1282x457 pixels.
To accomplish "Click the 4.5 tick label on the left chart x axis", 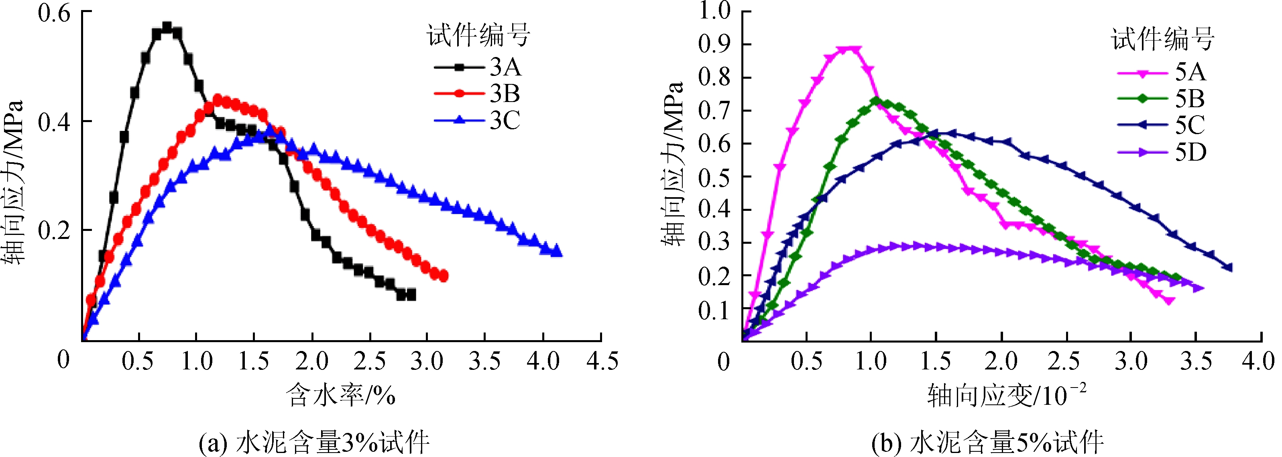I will click(602, 361).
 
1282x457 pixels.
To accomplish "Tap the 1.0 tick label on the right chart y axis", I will click(714, 11).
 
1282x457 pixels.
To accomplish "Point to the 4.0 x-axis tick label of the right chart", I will click(1258, 361).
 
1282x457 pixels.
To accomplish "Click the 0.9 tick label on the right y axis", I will click(714, 44).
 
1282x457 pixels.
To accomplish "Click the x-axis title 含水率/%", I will click(341, 396).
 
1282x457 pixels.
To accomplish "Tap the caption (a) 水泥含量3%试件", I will click(314, 442).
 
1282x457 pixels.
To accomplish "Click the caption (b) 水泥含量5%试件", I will click(987, 442).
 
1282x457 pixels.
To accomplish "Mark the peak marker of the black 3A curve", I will click(167, 27).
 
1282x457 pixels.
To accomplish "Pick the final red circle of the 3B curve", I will click(444, 276).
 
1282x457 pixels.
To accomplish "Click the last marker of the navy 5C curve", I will click(1228, 267).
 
